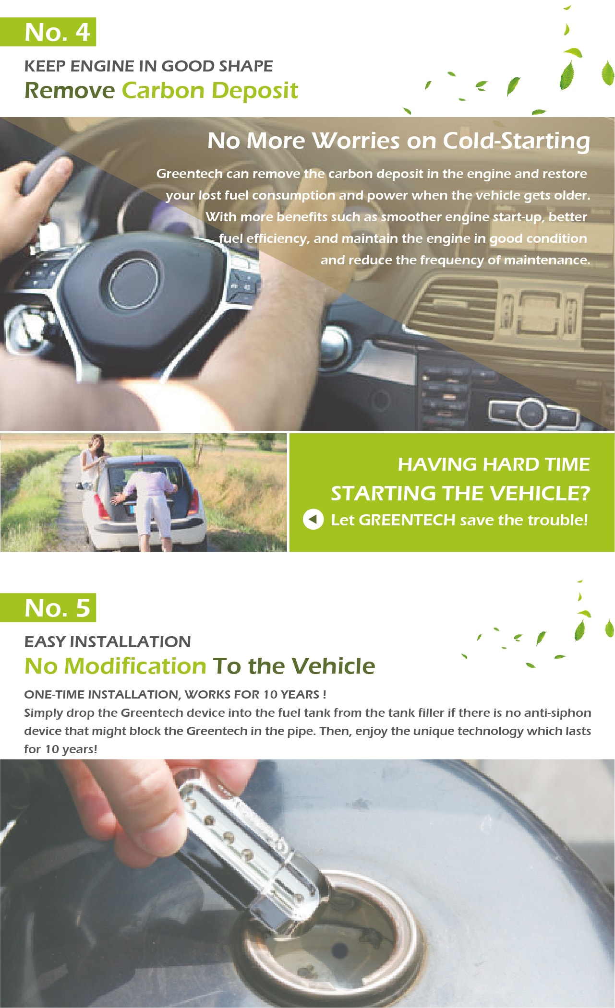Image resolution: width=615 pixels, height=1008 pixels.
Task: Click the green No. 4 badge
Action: point(48,32)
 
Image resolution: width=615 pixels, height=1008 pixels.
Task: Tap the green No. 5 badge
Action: point(48,607)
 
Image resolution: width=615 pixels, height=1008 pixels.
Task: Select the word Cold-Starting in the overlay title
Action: point(516,141)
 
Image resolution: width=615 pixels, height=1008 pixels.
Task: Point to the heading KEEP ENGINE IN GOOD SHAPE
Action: point(148,66)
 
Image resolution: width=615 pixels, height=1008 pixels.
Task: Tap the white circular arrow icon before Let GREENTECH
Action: point(313,520)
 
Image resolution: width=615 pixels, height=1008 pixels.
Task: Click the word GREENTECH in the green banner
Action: point(407,520)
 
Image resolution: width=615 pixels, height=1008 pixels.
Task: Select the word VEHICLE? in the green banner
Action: point(539,493)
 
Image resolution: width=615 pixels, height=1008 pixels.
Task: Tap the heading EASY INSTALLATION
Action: point(108,641)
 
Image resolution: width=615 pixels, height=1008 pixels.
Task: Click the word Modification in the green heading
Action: point(135,666)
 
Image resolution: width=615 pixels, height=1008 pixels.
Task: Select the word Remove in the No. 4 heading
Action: point(70,90)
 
